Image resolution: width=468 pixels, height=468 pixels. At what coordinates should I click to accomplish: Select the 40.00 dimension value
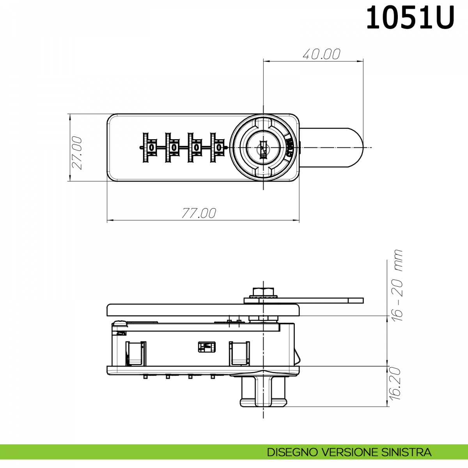tap(322, 54)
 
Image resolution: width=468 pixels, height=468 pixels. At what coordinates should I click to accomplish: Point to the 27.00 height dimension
tap(77, 152)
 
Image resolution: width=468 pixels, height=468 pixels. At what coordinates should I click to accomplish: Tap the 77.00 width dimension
tap(199, 213)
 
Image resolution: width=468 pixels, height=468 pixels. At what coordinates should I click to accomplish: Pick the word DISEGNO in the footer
tap(293, 452)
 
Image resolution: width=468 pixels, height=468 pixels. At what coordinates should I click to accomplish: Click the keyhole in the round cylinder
tap(263, 148)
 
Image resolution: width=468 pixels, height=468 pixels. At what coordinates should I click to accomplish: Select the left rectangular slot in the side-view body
tap(135, 353)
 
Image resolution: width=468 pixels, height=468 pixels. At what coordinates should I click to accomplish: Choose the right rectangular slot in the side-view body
tap(239, 353)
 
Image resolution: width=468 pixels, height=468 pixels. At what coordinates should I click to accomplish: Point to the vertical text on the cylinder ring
tap(289, 148)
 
